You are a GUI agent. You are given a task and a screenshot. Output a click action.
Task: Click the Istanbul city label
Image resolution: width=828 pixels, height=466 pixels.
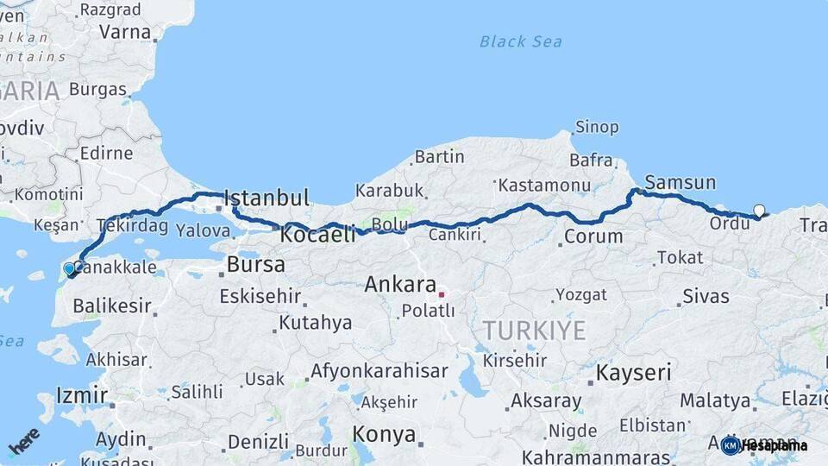point(267,198)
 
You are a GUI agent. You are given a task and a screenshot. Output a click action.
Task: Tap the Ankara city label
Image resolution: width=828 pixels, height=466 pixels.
point(399,284)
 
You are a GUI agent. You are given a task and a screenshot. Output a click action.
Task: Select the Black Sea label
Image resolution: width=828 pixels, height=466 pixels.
point(520,41)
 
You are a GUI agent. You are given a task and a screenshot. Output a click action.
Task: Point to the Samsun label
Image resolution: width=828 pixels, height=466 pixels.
point(681,182)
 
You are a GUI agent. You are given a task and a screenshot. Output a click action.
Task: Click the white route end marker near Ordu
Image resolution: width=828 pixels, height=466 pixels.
point(759,210)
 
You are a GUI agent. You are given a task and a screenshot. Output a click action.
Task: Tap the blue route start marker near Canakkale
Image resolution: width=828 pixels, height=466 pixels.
point(70,269)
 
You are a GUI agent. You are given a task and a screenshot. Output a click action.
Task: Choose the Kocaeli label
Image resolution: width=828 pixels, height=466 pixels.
point(318,235)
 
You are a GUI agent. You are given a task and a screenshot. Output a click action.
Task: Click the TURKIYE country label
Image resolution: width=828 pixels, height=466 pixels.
point(534,330)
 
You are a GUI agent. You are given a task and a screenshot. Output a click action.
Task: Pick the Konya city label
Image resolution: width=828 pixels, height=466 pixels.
point(384,434)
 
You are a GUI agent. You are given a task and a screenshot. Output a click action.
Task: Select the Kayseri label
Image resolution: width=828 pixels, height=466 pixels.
point(634,373)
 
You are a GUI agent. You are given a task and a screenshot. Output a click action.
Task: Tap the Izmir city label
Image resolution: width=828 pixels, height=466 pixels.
point(81,396)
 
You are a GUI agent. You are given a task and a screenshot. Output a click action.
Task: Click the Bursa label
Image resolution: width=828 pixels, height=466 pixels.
point(255,264)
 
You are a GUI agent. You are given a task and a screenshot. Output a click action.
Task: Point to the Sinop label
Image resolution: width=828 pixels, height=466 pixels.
point(597,127)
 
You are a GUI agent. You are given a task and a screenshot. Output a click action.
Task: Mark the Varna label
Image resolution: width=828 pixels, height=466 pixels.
point(125,32)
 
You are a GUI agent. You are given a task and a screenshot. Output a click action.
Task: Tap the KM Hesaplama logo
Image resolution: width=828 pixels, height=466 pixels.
point(764,445)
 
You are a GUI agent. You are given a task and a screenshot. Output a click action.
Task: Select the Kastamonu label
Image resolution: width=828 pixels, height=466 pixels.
point(545,185)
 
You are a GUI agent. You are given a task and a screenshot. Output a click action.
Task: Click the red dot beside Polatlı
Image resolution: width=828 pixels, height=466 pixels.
point(442,294)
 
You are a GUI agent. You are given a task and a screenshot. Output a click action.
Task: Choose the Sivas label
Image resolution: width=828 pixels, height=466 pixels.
point(706,296)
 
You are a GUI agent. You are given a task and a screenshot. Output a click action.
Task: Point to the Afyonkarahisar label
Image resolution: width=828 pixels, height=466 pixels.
point(379,371)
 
